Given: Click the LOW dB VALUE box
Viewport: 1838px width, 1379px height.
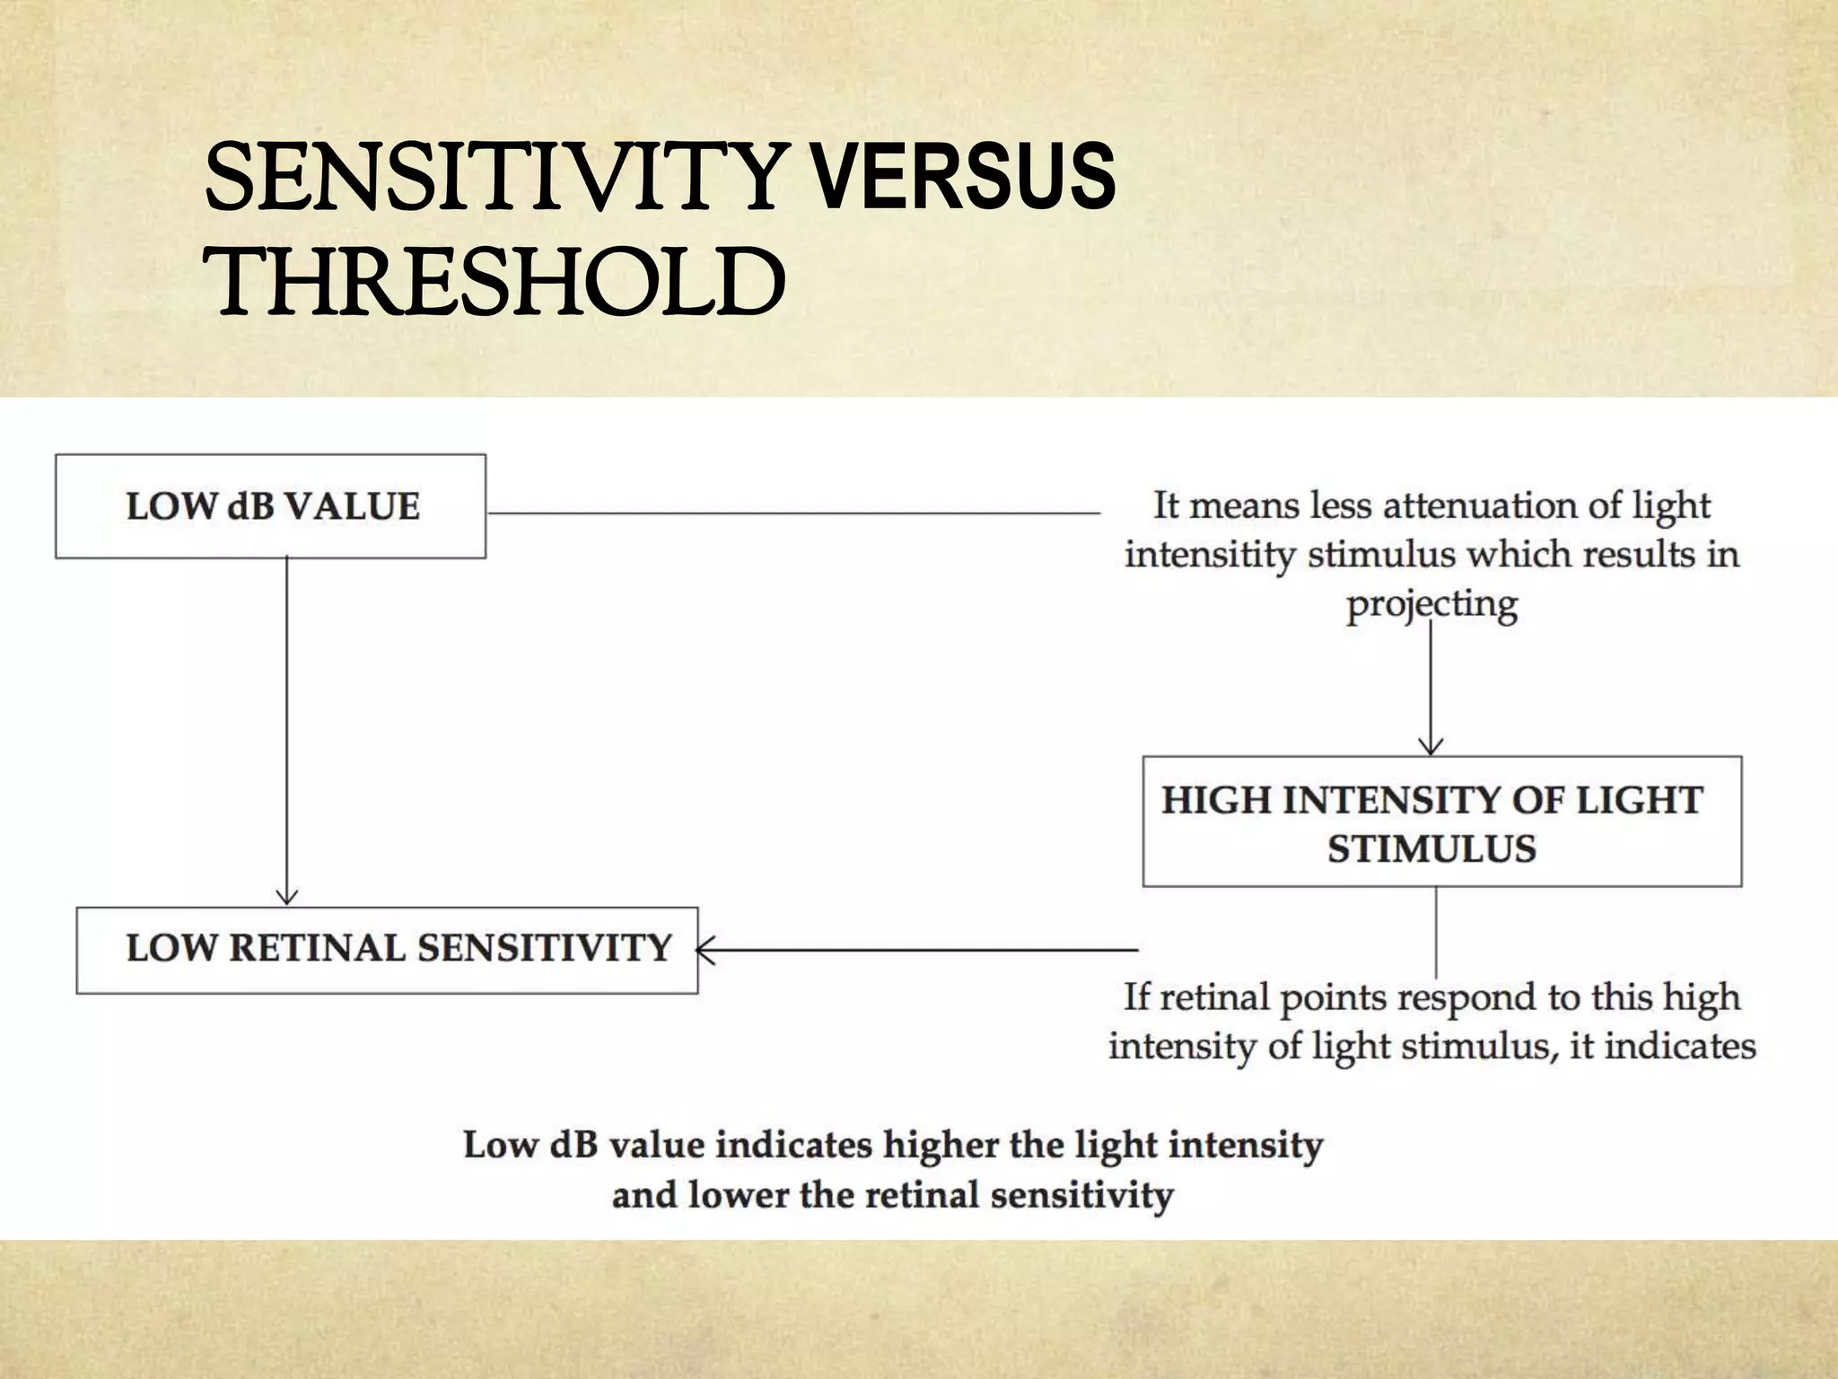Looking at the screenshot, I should click(271, 507).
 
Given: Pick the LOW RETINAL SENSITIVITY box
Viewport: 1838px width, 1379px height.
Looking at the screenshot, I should click(387, 950).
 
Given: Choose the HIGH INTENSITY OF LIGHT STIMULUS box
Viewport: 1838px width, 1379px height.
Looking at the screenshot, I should click(1441, 821).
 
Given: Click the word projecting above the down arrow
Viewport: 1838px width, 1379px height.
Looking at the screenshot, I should click(1431, 604).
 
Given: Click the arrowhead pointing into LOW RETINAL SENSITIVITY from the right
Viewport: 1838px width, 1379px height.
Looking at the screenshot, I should click(705, 949).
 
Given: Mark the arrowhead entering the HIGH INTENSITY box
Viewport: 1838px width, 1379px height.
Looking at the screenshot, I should click(1431, 746).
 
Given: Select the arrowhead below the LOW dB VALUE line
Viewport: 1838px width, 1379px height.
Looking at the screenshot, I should click(286, 896).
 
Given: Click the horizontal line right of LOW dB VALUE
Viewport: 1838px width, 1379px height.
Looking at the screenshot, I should click(793, 513).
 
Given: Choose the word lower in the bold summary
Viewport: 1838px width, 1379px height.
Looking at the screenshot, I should click(737, 1196).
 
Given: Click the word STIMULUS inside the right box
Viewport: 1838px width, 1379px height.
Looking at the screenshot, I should click(1431, 849).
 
